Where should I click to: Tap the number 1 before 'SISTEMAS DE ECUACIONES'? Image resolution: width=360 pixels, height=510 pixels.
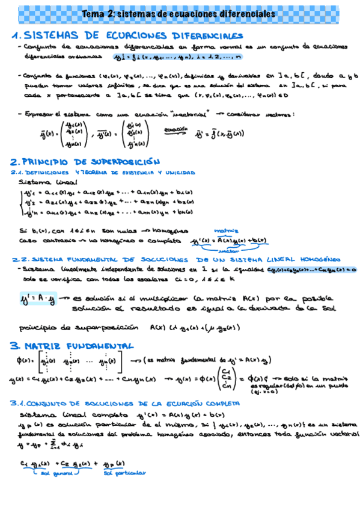[15, 35]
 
